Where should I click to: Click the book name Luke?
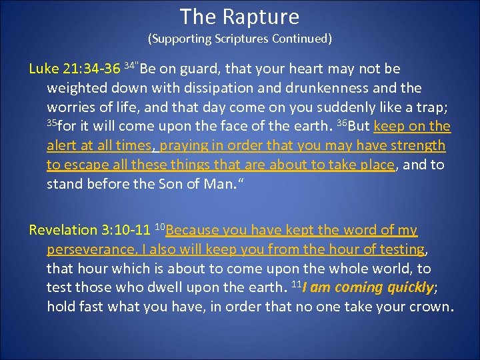click(43, 69)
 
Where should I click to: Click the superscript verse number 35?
click(52, 123)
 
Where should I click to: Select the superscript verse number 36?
click(341, 123)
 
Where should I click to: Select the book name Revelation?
click(63, 231)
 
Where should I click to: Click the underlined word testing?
click(402, 250)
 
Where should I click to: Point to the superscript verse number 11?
click(297, 284)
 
